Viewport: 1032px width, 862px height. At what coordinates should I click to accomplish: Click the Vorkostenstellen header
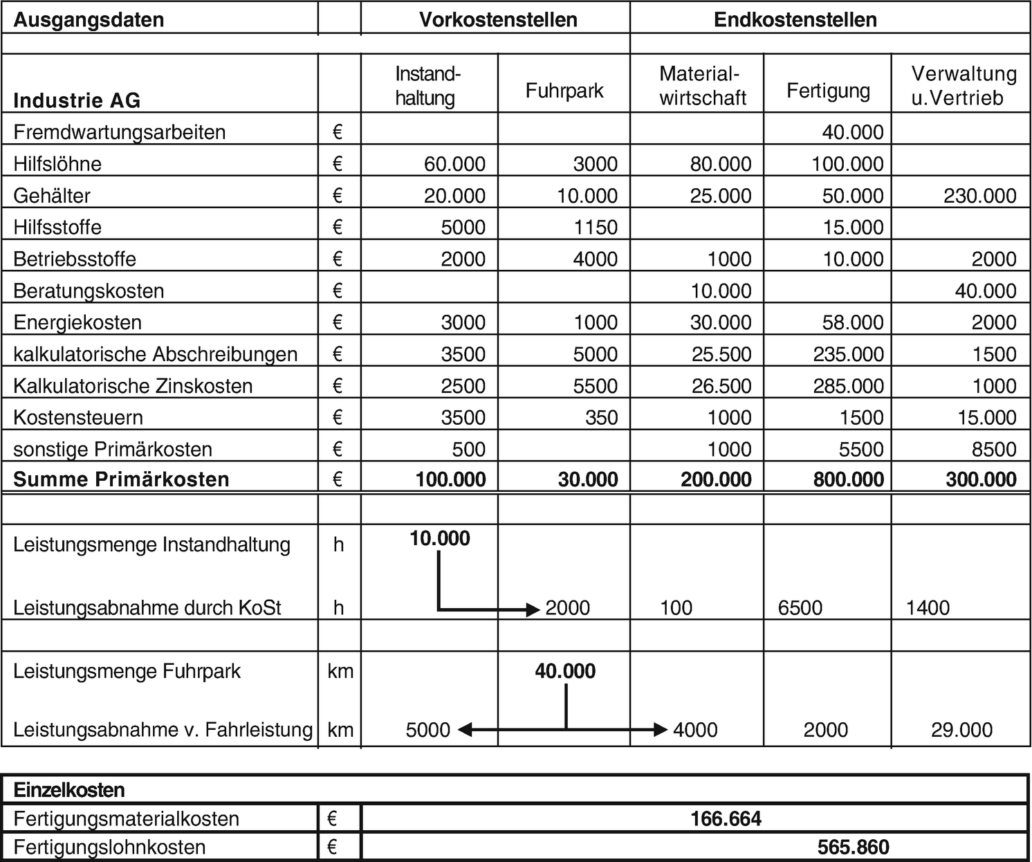tap(498, 19)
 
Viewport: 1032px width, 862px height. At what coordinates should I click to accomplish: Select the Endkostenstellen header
tap(795, 19)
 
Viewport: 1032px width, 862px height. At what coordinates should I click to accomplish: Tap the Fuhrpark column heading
tap(564, 91)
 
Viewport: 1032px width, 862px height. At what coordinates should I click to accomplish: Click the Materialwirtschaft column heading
tap(703, 86)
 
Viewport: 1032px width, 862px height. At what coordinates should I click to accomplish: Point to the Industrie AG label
tap(77, 101)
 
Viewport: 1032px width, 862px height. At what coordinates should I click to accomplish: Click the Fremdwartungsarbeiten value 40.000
tap(852, 132)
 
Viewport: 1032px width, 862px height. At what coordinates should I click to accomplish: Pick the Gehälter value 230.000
tap(980, 196)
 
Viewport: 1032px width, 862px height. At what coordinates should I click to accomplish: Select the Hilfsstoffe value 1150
tap(596, 228)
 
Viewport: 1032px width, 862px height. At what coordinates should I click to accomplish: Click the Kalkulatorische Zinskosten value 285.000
tap(848, 386)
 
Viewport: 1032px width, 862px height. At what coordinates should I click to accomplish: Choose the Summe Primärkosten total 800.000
tap(848, 479)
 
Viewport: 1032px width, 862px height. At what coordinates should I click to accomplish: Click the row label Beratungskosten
tap(89, 291)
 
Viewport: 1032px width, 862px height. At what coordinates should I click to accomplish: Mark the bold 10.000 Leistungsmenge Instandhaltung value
tap(439, 538)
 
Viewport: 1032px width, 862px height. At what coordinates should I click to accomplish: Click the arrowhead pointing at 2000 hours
tap(533, 609)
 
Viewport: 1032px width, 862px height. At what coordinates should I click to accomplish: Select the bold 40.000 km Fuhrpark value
tap(565, 671)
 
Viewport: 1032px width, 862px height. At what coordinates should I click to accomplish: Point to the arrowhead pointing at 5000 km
tap(464, 729)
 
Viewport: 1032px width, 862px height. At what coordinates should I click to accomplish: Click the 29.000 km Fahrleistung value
tap(961, 730)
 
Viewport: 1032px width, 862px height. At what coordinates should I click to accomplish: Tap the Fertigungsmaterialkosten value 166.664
tap(726, 819)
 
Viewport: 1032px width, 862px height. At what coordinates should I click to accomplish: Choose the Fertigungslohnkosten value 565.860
tap(853, 847)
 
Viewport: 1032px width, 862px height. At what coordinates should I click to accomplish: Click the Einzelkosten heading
tap(69, 790)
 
